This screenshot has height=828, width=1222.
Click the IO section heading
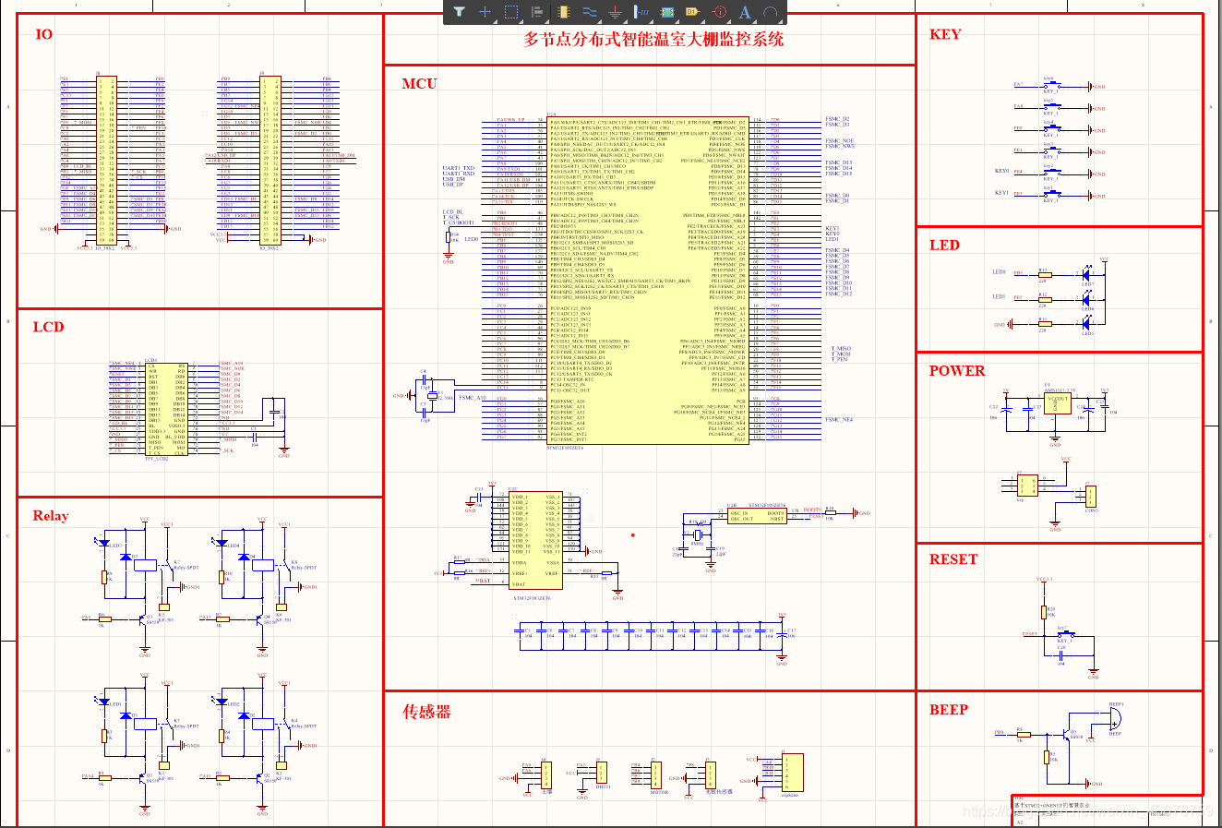(43, 35)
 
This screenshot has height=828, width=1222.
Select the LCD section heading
(48, 327)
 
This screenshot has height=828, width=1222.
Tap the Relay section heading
(51, 516)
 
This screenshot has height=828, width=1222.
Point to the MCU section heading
(419, 84)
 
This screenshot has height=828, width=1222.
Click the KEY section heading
(945, 34)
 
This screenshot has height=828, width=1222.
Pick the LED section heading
(944, 245)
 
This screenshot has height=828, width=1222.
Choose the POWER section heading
(956, 371)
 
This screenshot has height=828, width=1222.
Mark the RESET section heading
(952, 559)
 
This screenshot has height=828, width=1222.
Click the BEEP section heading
(948, 710)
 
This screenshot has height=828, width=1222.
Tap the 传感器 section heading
(426, 712)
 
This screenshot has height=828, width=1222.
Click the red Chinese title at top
(653, 40)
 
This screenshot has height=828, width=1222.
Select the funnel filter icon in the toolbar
(459, 12)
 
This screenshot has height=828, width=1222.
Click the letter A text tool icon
(745, 12)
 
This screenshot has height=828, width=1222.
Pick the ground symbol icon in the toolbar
(616, 12)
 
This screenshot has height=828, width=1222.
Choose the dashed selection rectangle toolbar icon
(511, 12)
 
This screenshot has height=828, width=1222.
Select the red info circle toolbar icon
(720, 12)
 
